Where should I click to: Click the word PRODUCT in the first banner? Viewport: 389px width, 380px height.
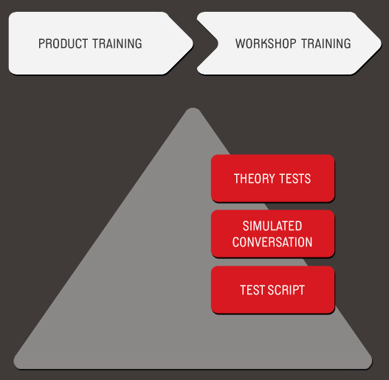[63, 44]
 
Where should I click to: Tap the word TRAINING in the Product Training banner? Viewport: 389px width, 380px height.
[117, 44]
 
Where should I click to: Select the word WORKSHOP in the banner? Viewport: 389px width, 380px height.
[266, 44]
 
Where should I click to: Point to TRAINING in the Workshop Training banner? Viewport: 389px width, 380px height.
[326, 44]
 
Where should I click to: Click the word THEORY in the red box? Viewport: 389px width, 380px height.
[254, 179]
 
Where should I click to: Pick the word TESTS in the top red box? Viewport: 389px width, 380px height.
[295, 179]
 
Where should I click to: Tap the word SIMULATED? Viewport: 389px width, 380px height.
[272, 226]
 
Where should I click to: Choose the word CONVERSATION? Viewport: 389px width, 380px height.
[272, 242]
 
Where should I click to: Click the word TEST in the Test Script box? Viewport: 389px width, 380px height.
[252, 290]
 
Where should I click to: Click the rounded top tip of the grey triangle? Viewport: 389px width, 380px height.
[193, 108]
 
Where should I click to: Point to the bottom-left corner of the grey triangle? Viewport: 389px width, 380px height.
[16, 365]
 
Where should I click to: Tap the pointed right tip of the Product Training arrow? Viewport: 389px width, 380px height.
[193, 44]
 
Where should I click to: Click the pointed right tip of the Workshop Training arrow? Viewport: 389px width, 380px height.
[381, 44]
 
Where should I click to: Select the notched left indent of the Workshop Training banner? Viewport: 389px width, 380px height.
[217, 44]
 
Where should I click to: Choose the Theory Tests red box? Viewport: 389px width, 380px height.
[272, 179]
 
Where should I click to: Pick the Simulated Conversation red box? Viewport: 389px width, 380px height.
[272, 234]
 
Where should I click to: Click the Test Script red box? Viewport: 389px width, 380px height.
[272, 290]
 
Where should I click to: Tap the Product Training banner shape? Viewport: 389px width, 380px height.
[100, 44]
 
